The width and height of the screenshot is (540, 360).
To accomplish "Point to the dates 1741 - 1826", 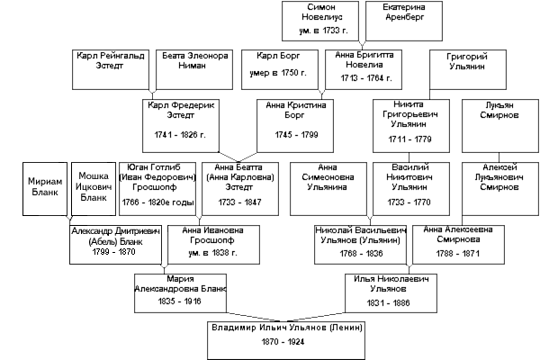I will click(x=181, y=133).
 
